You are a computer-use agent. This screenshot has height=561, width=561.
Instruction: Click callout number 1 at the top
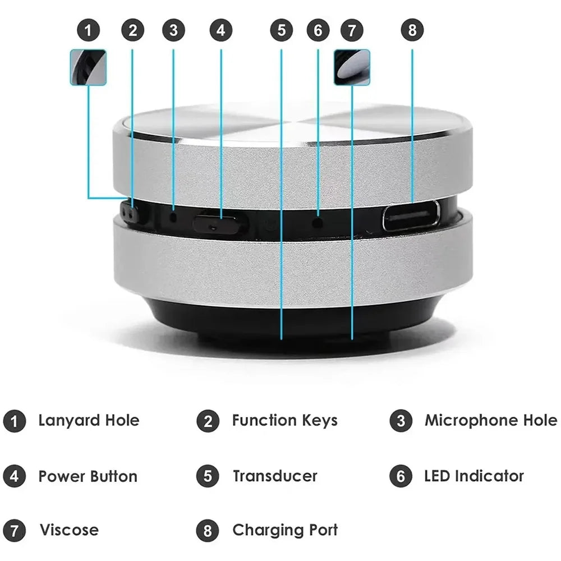click(88, 31)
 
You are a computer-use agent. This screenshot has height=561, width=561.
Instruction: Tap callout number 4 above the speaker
click(220, 31)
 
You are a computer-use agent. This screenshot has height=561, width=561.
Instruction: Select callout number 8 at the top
click(412, 31)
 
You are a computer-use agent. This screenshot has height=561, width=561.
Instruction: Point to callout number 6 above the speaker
click(318, 31)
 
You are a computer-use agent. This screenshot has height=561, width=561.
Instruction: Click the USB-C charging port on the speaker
click(411, 216)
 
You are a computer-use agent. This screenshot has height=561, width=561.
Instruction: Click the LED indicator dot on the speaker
click(318, 222)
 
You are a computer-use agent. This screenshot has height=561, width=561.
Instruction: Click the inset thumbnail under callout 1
click(88, 67)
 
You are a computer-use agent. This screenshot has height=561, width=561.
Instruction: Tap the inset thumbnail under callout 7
click(352, 67)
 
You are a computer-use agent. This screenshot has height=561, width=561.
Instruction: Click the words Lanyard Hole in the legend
click(89, 420)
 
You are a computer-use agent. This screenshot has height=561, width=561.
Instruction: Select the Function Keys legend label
click(284, 420)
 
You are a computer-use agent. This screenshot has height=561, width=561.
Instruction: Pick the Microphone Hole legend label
click(490, 420)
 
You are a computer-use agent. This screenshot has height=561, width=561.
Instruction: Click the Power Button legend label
click(88, 476)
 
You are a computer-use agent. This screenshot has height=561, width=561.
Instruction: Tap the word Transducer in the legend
click(275, 476)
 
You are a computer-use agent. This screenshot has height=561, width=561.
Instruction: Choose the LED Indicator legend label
click(473, 476)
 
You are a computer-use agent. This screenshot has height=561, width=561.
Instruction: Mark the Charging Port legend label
click(285, 530)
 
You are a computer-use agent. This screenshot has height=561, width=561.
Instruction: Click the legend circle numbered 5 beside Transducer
click(208, 477)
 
